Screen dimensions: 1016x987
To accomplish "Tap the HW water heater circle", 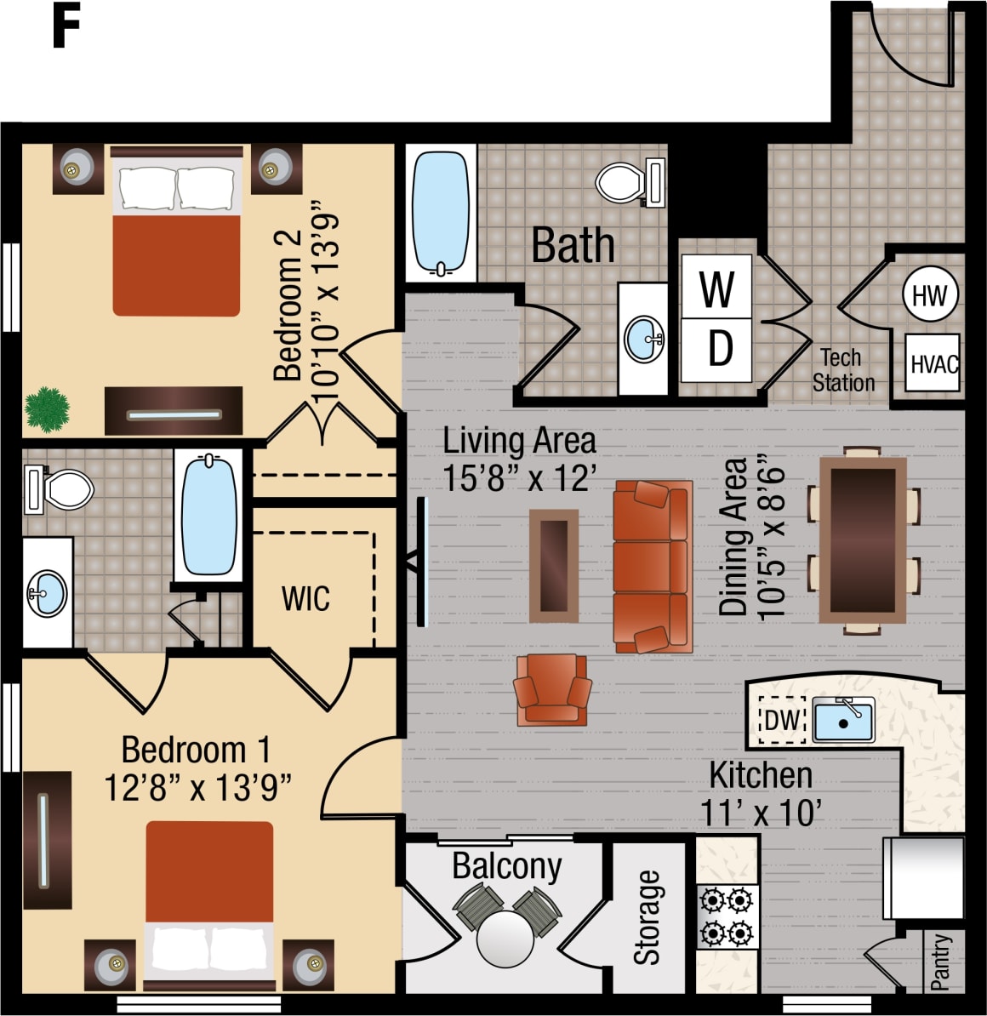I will pos(929,295).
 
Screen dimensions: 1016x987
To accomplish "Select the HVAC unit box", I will pos(933,363).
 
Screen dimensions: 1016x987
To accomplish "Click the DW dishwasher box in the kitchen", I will pos(782,720).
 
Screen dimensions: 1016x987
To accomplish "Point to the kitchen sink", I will pos(842,719).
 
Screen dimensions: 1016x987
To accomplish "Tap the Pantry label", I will pos(940,962).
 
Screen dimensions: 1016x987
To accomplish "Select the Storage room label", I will pos(648,917).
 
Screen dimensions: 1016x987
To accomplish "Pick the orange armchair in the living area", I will pos(552,690).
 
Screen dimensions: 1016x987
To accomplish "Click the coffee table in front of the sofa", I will pos(554,566).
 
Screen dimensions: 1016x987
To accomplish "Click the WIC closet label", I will pos(305,598).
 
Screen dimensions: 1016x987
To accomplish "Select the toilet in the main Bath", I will pos(628,181).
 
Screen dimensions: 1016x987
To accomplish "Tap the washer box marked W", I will pos(716,288).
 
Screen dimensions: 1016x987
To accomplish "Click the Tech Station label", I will pos(842,370).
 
